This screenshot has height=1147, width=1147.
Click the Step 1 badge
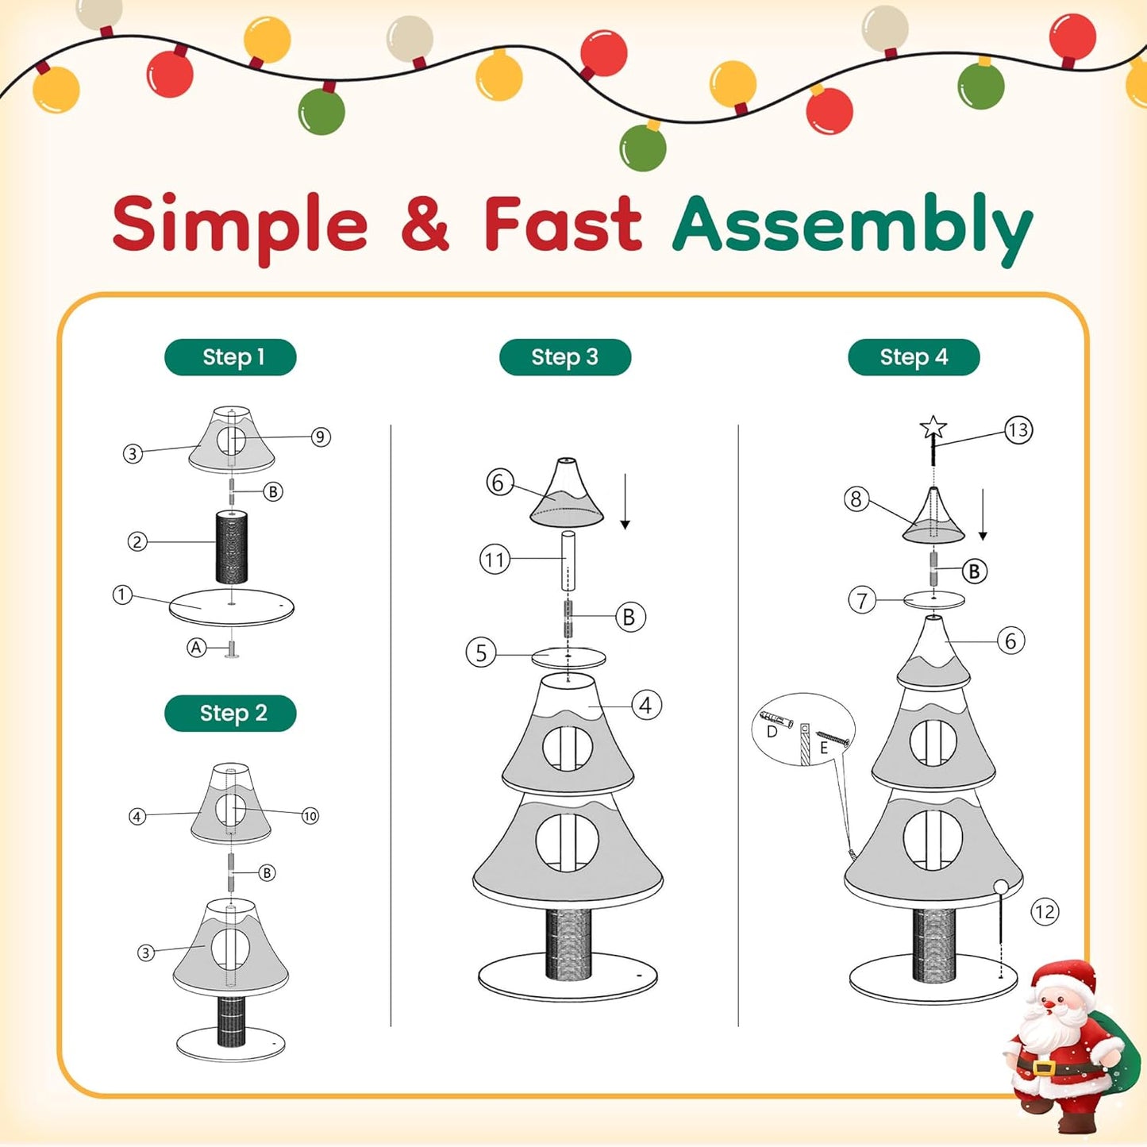[x=230, y=357]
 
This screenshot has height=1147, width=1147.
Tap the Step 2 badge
[x=230, y=713]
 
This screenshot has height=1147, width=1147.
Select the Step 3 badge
[x=564, y=357]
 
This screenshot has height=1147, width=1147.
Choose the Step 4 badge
[x=914, y=357]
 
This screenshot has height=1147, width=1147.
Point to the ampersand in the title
[x=425, y=225]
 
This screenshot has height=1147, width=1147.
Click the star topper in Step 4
[x=933, y=429]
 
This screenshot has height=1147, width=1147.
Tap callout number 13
[x=1018, y=430]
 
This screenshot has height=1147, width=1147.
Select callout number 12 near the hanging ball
[x=1045, y=911]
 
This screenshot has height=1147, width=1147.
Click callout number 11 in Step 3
[x=495, y=560]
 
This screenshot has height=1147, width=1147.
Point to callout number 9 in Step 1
[x=320, y=437]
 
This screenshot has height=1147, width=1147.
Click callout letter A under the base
[x=196, y=648]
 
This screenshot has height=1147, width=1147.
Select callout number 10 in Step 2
[x=310, y=815]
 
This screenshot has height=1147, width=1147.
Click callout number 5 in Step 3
[x=481, y=652]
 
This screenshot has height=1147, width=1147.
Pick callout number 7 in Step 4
[x=862, y=600]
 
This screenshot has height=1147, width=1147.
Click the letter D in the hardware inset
[x=772, y=731]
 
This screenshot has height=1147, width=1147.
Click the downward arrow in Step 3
[x=625, y=502]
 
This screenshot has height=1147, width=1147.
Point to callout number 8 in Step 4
[x=856, y=498]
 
